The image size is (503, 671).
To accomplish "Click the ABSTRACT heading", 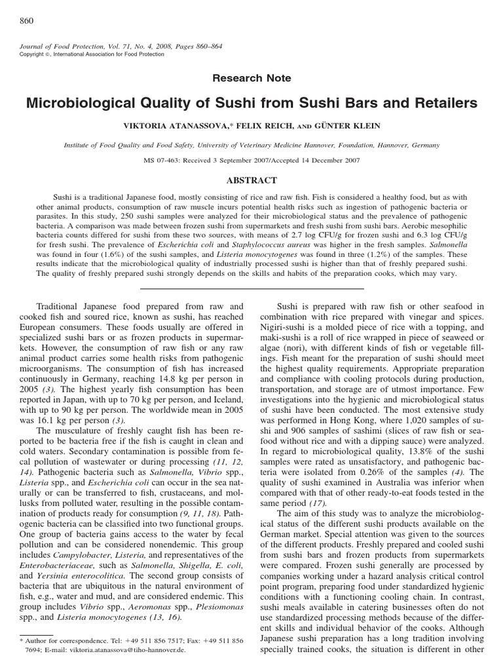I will click(252, 181).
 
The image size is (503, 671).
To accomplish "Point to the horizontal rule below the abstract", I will click(252, 288).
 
